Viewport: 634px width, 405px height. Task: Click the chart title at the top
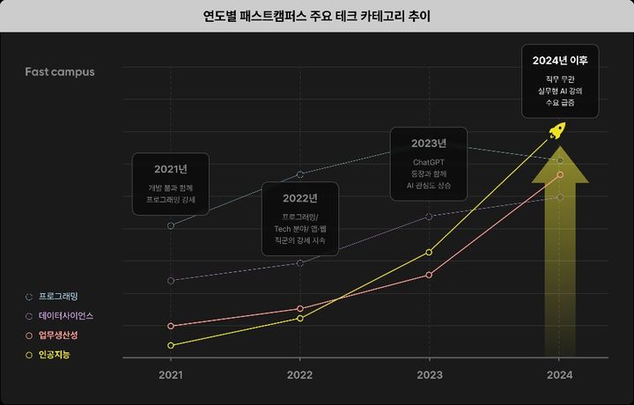(x=317, y=16)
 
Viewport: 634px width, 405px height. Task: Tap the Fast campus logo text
(x=60, y=71)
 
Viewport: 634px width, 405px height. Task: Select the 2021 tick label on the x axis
(x=171, y=375)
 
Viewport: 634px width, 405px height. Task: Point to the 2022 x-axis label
(x=300, y=375)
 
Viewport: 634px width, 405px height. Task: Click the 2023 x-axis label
(x=430, y=375)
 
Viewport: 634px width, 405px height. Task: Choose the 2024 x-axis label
(x=559, y=375)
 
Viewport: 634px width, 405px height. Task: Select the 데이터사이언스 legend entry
(x=65, y=315)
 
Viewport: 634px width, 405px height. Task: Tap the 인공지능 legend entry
(x=55, y=355)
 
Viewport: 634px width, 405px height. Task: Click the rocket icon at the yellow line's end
(x=557, y=133)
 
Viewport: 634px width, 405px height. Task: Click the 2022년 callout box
(x=300, y=218)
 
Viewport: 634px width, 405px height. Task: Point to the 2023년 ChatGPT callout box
(x=429, y=164)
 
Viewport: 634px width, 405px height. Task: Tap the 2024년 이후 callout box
(x=560, y=81)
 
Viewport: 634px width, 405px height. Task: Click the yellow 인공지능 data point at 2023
(x=429, y=253)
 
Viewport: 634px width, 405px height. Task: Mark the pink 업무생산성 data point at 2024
(x=559, y=174)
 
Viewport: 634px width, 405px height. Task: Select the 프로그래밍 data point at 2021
(x=171, y=226)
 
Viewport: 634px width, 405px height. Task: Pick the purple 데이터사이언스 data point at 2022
(x=300, y=263)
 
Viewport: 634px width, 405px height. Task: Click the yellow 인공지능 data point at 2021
(x=171, y=345)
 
